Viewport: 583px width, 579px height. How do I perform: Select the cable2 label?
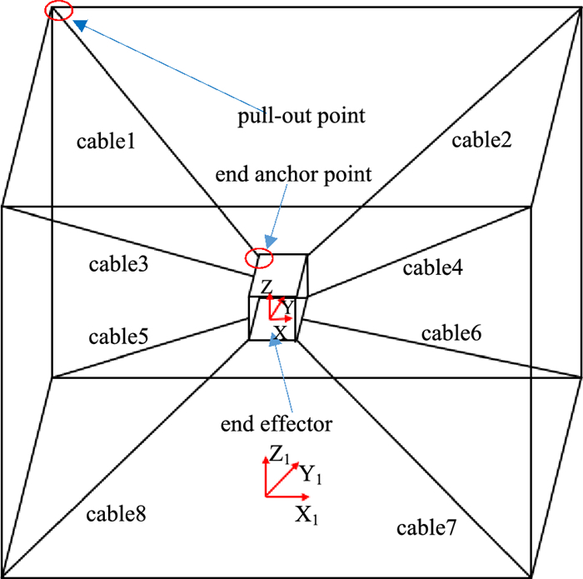click(x=481, y=141)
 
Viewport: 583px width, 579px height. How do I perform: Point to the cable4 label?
click(x=432, y=268)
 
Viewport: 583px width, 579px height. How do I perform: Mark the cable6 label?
click(x=450, y=333)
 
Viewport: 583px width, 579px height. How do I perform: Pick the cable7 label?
click(x=426, y=527)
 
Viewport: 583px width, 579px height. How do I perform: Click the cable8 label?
click(x=116, y=514)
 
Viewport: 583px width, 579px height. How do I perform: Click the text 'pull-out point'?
click(x=301, y=115)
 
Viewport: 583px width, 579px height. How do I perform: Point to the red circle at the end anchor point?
click(x=258, y=257)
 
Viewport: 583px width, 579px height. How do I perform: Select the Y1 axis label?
click(x=311, y=476)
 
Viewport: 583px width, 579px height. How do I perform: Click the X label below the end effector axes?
click(x=281, y=332)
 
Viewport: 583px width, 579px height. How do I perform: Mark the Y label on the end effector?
click(x=287, y=307)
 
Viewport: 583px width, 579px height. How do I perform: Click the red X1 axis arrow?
click(x=287, y=497)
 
